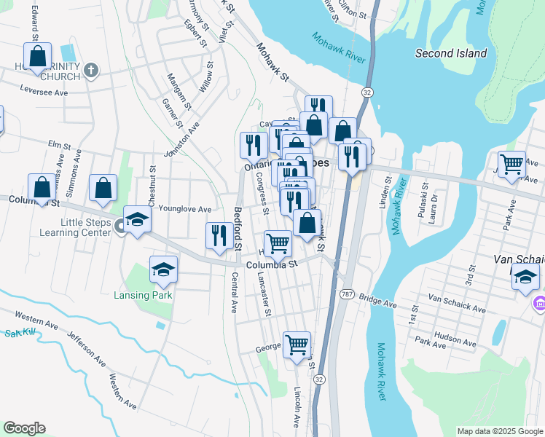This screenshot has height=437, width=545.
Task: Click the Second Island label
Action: (450, 53)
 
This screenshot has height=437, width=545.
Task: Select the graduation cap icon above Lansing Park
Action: (164, 270)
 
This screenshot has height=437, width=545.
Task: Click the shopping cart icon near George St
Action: (297, 345)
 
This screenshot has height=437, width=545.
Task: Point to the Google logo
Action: (24, 428)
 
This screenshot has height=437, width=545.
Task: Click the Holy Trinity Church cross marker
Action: (90, 71)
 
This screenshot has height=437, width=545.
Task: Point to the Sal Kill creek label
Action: (20, 333)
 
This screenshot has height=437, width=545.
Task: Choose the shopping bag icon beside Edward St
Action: (38, 55)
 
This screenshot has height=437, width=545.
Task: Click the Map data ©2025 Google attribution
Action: (500, 430)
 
